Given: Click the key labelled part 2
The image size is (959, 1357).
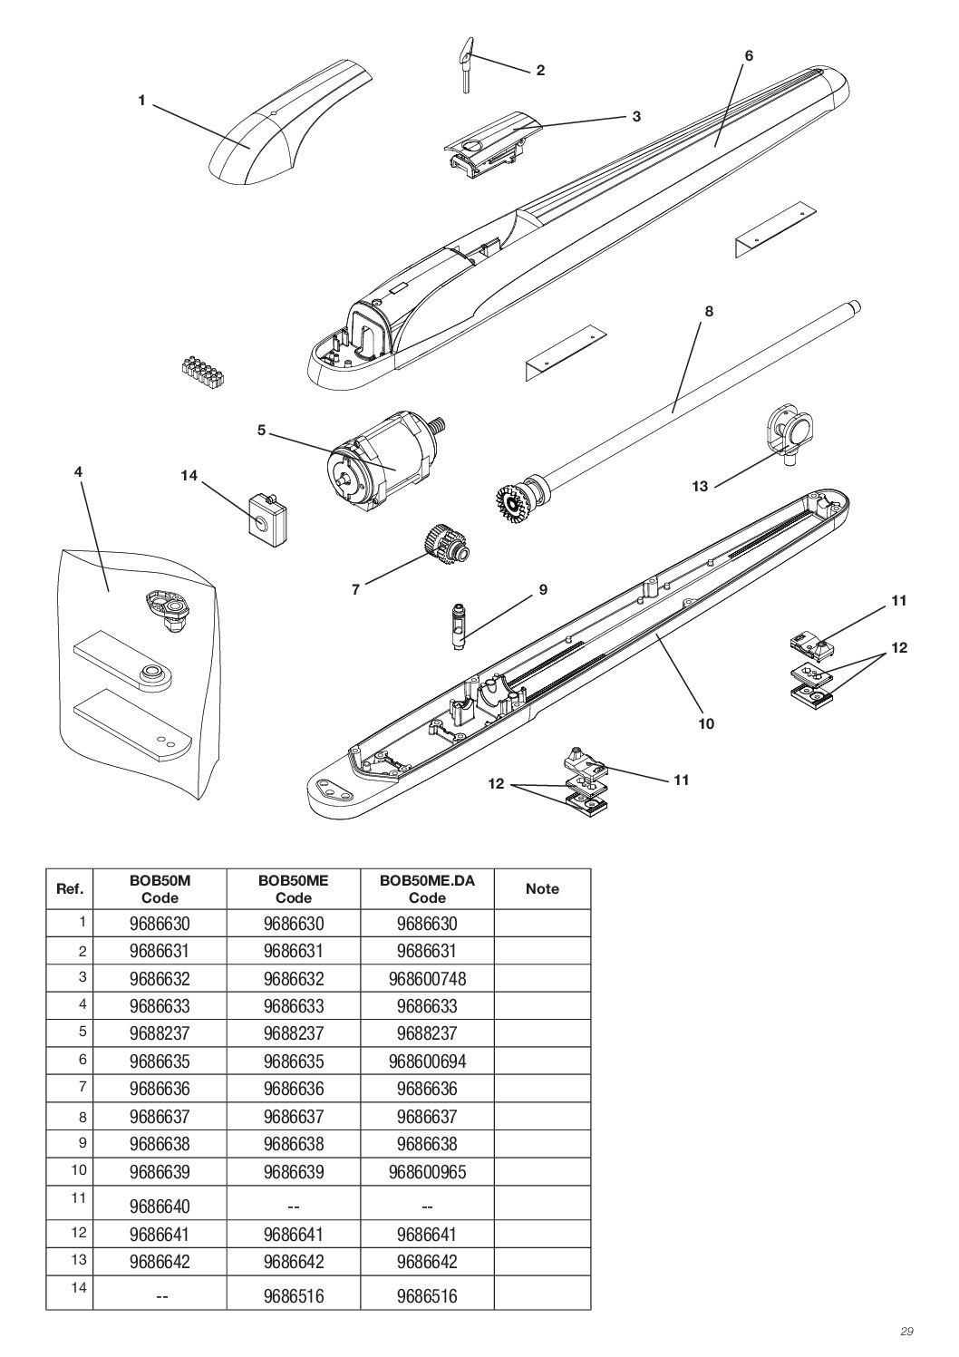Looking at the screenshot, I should coord(465,65).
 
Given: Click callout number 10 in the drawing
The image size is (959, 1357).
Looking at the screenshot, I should coord(706,723).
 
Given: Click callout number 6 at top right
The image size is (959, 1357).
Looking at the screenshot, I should coord(749,56).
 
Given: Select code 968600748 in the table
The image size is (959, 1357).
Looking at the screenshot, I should coord(427,979).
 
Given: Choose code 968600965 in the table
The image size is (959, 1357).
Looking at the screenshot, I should coord(427,1172).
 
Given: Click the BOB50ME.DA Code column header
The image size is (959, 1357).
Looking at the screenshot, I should coord(427,889).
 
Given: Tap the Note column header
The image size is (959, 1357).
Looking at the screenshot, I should coord(542,889).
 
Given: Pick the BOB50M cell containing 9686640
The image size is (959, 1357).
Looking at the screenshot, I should coord(160,1207).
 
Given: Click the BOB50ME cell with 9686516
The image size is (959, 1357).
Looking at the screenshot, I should coord(293,1296).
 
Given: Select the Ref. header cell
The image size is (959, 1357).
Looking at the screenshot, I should coord(70,889).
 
